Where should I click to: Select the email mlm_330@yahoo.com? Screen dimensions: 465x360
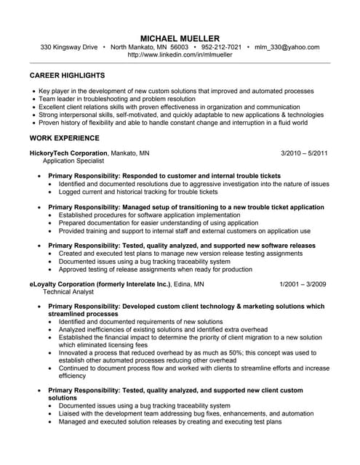(x=287, y=46)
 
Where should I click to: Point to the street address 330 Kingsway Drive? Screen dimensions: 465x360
(x=69, y=46)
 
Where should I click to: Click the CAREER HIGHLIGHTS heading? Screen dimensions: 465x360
(x=67, y=75)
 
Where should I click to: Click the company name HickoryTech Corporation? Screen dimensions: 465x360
(x=68, y=153)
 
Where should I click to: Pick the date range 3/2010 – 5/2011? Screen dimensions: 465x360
(x=304, y=153)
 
